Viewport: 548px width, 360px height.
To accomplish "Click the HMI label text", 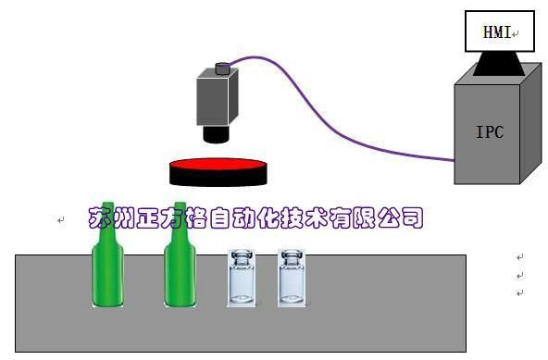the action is coord(496,32).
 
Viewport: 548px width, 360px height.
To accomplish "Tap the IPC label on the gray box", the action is coord(489,131).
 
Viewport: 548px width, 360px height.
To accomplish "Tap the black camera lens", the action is coord(217,133).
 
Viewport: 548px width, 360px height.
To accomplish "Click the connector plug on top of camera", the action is coord(222,68).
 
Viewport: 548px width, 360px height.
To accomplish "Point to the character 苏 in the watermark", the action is coord(98,218).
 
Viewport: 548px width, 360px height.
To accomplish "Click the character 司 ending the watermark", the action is coord(414,218).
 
